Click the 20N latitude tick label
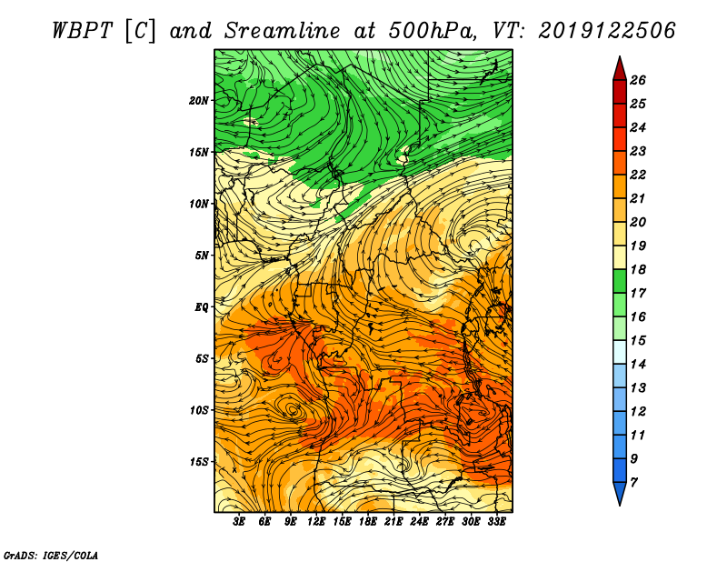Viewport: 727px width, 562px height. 198,101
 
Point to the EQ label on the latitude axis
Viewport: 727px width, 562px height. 202,307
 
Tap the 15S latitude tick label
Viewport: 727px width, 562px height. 199,462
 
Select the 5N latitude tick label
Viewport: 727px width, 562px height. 202,256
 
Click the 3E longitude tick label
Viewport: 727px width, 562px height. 239,522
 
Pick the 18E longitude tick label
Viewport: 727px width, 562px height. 368,522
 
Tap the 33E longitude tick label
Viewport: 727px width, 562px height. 496,522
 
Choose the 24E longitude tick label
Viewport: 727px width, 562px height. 419,522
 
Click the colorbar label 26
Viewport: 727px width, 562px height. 638,80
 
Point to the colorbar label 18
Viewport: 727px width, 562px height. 638,269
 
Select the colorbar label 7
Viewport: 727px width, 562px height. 634,483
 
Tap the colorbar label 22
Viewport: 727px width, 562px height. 638,175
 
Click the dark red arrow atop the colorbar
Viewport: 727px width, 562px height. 620,69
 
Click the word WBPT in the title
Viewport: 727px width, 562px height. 83,31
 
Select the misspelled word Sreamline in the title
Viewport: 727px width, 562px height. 283,31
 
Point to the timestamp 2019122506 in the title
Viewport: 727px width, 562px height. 607,31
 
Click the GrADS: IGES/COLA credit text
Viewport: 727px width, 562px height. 51,556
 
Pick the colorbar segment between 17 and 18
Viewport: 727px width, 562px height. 620,281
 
